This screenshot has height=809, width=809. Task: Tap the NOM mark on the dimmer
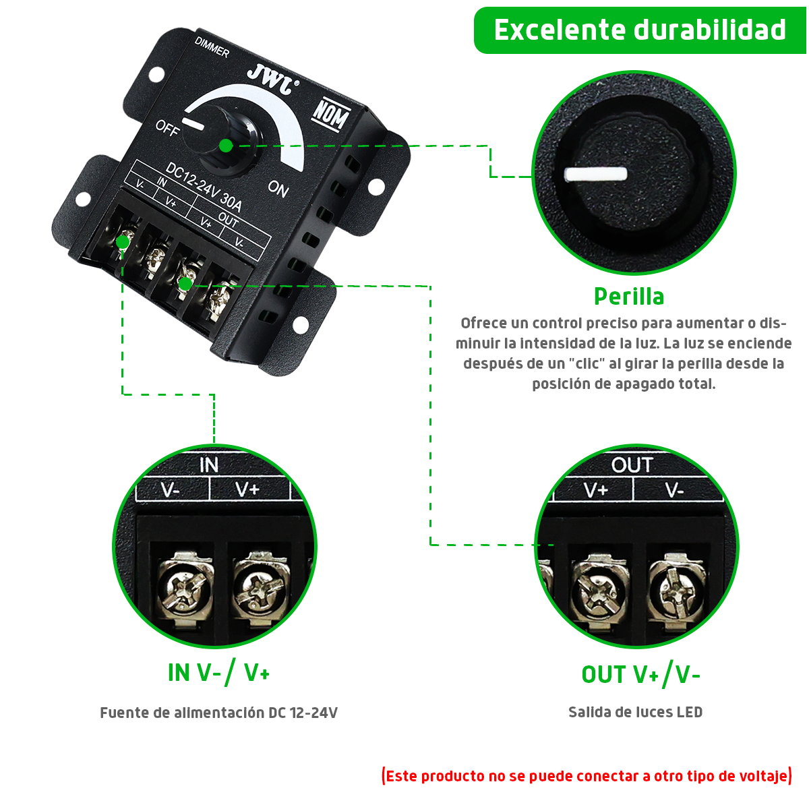[330, 115]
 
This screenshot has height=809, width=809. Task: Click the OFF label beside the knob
[167, 127]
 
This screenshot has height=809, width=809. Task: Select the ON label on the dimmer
[278, 188]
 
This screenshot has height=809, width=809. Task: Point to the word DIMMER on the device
[212, 47]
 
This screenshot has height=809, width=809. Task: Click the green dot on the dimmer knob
[227, 146]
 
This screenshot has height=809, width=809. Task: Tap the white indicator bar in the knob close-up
[595, 174]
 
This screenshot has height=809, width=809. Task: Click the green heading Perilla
[629, 297]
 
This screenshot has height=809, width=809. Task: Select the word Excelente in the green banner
[560, 30]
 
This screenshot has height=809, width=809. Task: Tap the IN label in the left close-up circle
[209, 465]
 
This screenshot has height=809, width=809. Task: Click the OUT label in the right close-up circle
[632, 465]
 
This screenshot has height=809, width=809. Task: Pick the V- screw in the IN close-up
[185, 584]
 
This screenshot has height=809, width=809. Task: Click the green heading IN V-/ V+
[218, 673]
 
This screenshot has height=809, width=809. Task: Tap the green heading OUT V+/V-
[640, 674]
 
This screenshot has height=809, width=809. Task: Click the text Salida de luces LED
[635, 712]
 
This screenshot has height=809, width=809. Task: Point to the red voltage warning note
[587, 776]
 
